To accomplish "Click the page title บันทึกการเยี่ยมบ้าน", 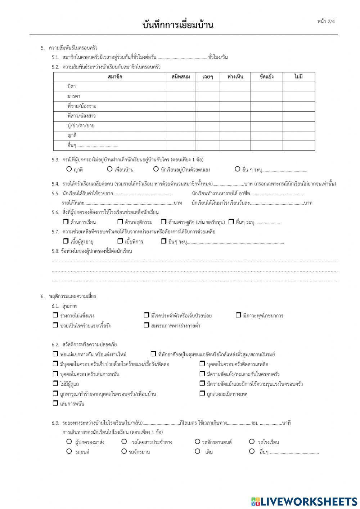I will [178, 25].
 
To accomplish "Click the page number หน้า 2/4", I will [326, 21].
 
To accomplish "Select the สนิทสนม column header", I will [181, 77].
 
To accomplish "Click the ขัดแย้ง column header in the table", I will [266, 77].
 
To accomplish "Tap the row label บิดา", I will [71, 87].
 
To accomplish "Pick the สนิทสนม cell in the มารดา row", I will [181, 97].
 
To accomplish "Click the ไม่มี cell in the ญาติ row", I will [298, 136].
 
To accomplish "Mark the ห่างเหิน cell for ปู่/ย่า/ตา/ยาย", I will [235, 126].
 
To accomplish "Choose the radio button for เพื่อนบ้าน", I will [110, 169].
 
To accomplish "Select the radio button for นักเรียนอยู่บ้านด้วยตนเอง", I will [156, 169].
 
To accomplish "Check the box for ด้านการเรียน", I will [66, 222].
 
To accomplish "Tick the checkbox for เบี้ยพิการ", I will [120, 241].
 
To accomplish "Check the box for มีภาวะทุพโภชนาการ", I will [238, 315].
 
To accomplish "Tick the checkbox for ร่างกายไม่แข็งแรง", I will [55, 315].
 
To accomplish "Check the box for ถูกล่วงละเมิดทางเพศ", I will [202, 393].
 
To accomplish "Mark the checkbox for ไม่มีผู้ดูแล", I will [55, 384].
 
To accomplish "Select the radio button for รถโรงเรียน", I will [252, 442].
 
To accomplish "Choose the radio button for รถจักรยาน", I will [124, 451].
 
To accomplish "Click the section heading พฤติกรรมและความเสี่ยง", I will [72, 296].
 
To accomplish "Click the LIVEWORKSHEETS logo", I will [304, 501].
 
